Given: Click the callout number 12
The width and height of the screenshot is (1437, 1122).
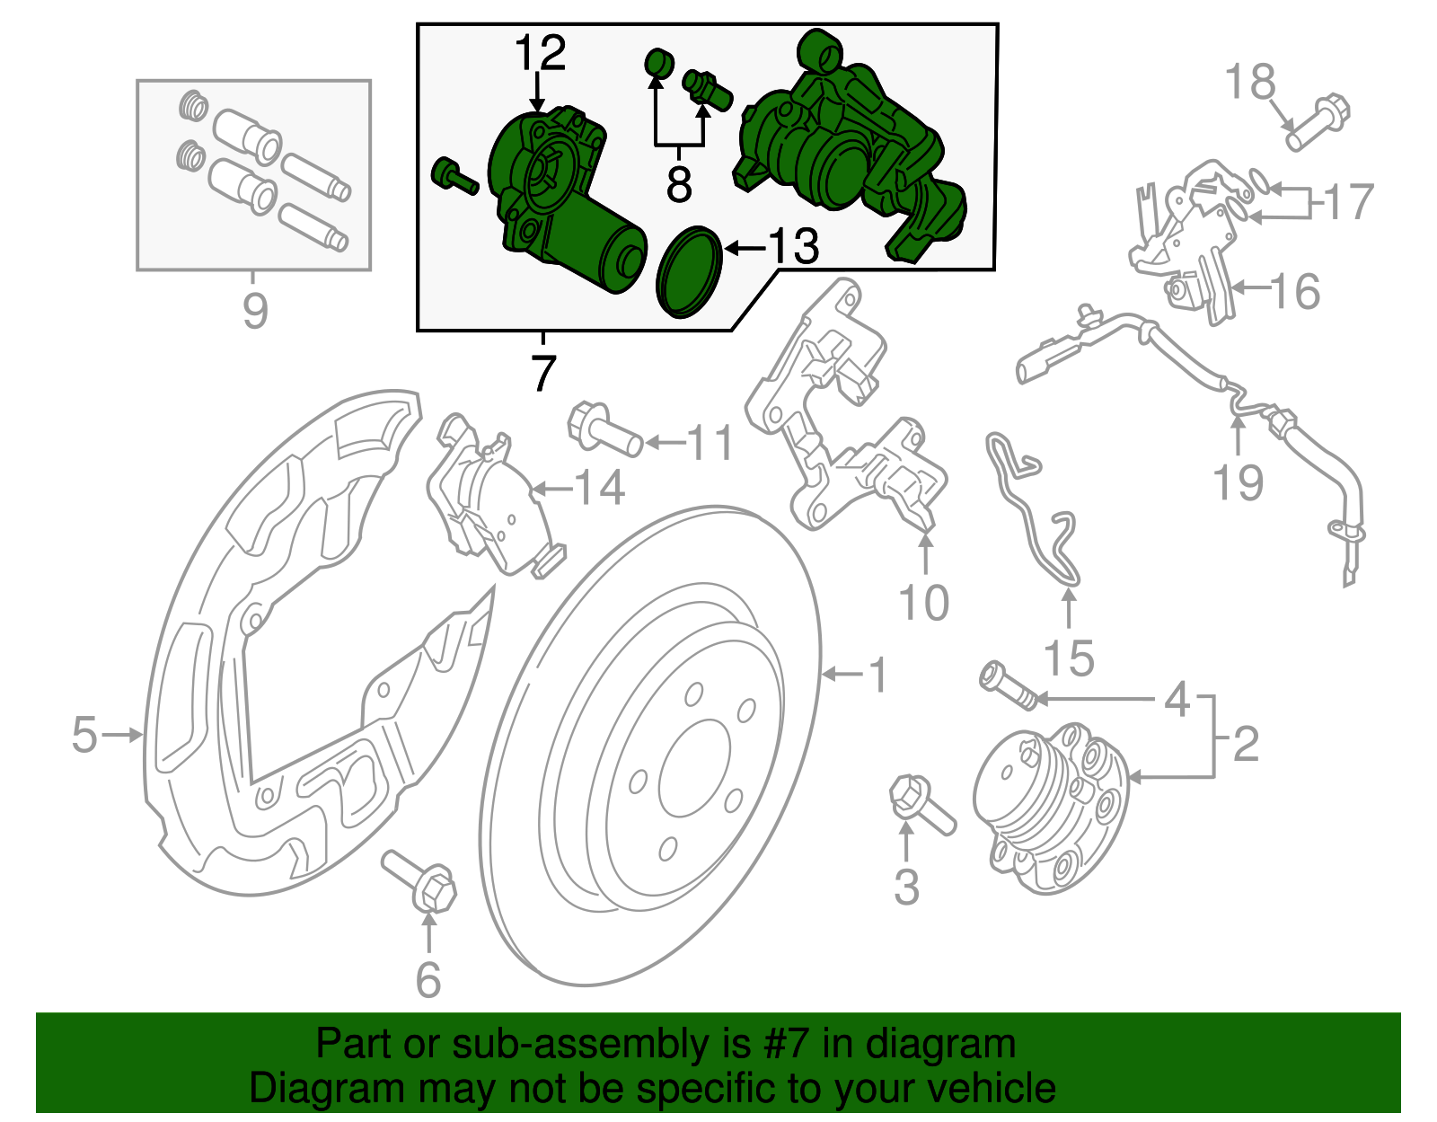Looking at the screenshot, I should pyautogui.click(x=541, y=54).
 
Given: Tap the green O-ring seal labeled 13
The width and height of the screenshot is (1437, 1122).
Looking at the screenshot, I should pyautogui.click(x=690, y=272).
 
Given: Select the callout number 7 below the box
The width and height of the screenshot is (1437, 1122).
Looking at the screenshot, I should pyautogui.click(x=543, y=373).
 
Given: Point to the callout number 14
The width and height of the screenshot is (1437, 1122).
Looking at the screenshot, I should pyautogui.click(x=599, y=489).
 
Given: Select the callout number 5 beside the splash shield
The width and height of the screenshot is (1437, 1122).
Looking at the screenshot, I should pyautogui.click(x=84, y=735).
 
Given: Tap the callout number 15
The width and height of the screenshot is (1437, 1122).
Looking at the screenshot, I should pyautogui.click(x=1069, y=658).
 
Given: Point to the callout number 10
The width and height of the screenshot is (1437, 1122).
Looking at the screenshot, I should pyautogui.click(x=923, y=602).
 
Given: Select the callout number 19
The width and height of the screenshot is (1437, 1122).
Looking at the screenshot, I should pyautogui.click(x=1239, y=482).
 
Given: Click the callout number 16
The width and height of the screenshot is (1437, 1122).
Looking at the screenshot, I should pyautogui.click(x=1294, y=292).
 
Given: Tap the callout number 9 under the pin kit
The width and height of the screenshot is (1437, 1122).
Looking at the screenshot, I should pyautogui.click(x=255, y=311).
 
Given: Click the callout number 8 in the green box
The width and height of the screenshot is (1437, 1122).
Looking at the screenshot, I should pyautogui.click(x=679, y=184).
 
